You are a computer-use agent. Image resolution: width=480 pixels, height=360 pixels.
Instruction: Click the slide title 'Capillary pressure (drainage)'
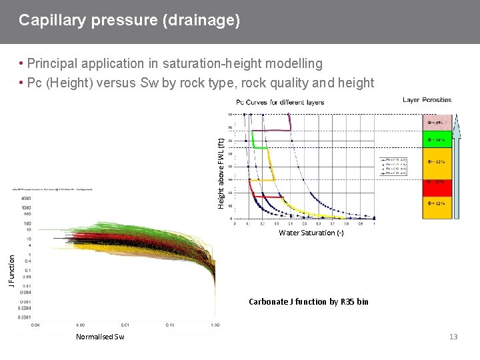pyautogui.click(x=129, y=20)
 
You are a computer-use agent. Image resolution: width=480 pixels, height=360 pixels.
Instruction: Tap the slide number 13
pyautogui.click(x=453, y=337)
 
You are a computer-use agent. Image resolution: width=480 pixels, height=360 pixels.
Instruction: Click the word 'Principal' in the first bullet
pyautogui.click(x=53, y=64)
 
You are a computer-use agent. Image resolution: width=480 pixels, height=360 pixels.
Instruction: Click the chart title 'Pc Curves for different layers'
pyautogui.click(x=280, y=102)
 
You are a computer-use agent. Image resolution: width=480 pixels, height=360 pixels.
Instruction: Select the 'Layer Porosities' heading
pyautogui.click(x=427, y=100)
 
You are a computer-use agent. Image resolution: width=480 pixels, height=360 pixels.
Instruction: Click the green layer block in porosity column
pyautogui.click(x=437, y=140)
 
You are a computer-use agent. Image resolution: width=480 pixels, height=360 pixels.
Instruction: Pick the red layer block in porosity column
pyautogui.click(x=437, y=183)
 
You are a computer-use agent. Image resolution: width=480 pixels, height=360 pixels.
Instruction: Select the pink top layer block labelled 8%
pyautogui.click(x=437, y=123)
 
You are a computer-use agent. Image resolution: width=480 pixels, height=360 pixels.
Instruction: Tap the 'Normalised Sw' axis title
pyautogui.click(x=100, y=337)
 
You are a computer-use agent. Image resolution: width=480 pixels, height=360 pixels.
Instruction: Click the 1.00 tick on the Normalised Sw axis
pyautogui.click(x=215, y=325)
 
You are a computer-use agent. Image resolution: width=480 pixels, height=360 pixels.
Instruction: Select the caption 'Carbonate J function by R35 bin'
pyautogui.click(x=308, y=302)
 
